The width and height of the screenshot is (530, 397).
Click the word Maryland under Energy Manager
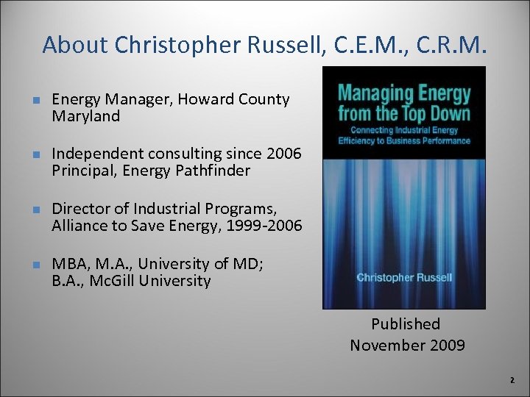(85, 116)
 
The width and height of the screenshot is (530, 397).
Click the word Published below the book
(406, 324)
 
